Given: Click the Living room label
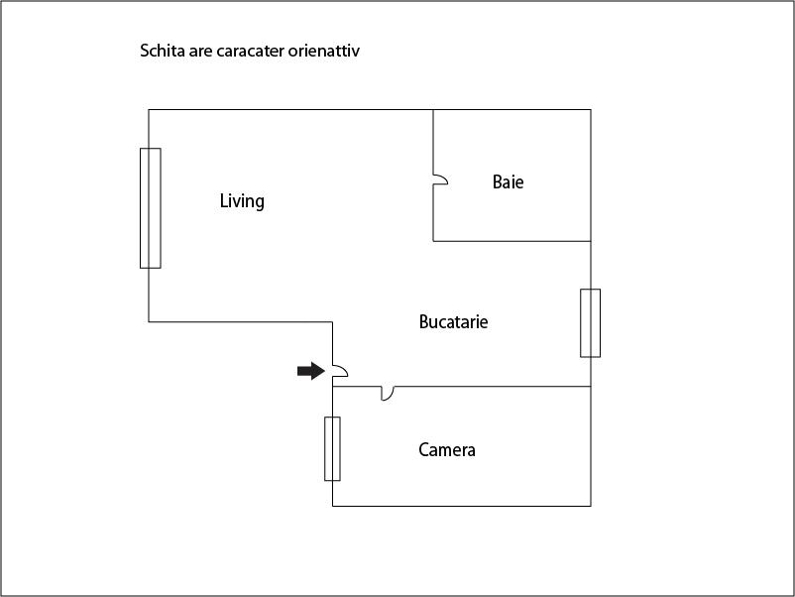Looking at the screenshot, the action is click(x=242, y=201).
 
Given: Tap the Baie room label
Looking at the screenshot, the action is click(x=509, y=182).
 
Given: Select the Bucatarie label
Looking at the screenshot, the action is click(x=453, y=321).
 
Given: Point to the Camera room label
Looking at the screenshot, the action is click(x=447, y=450).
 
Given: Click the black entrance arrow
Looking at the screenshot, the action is click(x=311, y=371).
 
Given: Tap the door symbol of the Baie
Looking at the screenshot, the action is click(x=440, y=180).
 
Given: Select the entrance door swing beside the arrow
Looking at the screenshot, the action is click(x=340, y=371).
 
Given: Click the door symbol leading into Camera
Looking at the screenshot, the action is click(x=388, y=393).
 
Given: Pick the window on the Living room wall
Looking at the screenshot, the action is click(x=151, y=208).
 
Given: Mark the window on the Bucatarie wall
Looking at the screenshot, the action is click(x=590, y=323).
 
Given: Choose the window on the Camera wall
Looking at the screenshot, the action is click(x=333, y=449).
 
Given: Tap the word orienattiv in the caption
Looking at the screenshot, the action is click(x=324, y=51).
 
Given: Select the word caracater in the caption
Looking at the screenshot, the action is click(x=250, y=52).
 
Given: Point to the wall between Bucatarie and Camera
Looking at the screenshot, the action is click(x=461, y=387).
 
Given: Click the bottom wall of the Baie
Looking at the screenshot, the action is click(x=512, y=241).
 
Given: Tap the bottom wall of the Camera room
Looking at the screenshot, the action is click(x=461, y=506).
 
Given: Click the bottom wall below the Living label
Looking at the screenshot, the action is click(x=240, y=321).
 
